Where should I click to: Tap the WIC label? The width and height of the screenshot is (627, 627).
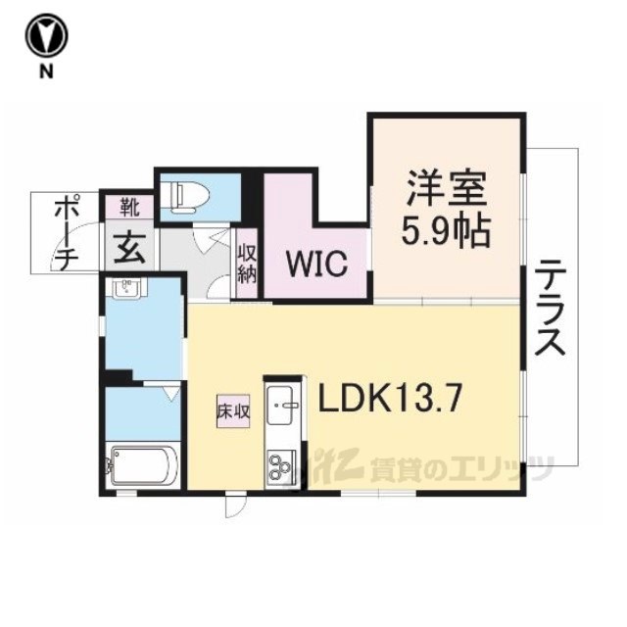click(x=315, y=264)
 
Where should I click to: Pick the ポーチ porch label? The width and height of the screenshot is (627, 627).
click(x=66, y=233)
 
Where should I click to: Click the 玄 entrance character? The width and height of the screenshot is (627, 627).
click(x=129, y=247)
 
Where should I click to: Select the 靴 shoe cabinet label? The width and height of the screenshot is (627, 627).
click(x=129, y=207)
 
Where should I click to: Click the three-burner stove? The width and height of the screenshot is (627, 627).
click(x=283, y=465)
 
